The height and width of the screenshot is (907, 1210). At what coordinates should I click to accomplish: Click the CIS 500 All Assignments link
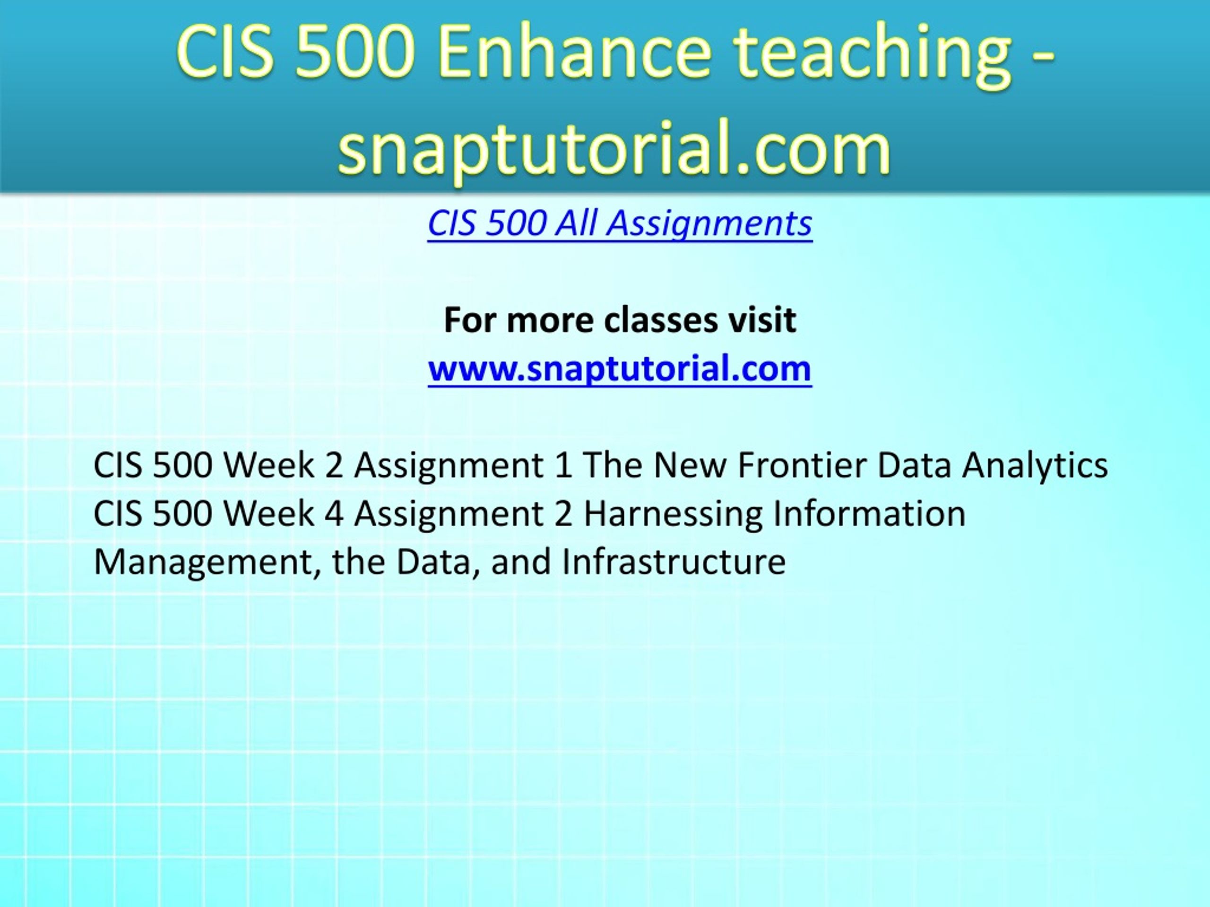tap(620, 224)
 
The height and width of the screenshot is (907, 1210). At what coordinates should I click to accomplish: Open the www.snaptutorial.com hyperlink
tap(620, 368)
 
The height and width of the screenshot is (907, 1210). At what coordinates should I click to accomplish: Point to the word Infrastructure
tap(674, 562)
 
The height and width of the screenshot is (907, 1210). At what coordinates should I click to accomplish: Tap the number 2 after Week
tap(334, 466)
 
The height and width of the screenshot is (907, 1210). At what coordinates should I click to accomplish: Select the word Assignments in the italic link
tap(710, 225)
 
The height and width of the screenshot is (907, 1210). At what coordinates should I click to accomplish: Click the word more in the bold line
tap(550, 320)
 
